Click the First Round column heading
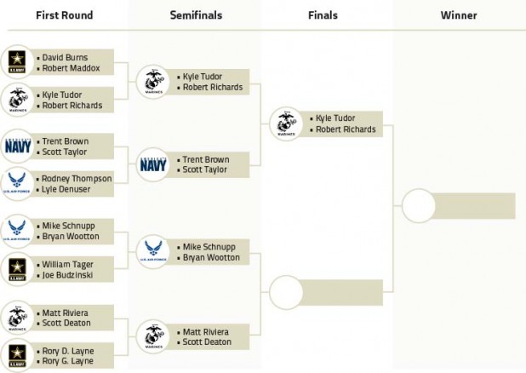tap(65, 15)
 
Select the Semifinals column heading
tap(196, 15)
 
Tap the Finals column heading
tap(323, 15)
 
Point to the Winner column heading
tap(459, 15)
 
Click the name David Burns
tap(65, 57)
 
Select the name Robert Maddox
tap(71, 68)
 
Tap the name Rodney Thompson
tap(77, 179)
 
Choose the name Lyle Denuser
tap(66, 189)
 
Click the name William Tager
tap(68, 265)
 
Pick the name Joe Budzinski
tap(67, 275)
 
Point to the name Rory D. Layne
tap(68, 351)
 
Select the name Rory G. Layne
tap(68, 361)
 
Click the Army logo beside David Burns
tap(17, 62)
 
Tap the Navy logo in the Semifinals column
tap(153, 165)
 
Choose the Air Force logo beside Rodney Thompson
tap(17, 184)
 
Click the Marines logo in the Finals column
tap(286, 123)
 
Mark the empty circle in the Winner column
tap(418, 205)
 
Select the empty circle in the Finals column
tap(286, 292)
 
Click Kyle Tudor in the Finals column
tap(335, 118)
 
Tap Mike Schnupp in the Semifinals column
tap(209, 247)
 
